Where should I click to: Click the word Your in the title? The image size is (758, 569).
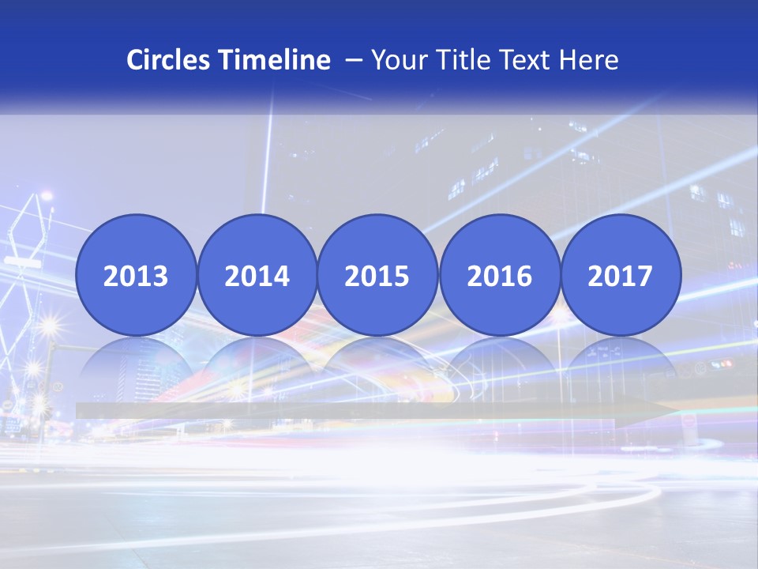pos(397,60)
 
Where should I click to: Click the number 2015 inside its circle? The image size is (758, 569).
pos(377,276)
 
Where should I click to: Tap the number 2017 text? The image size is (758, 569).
pos(621,276)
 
